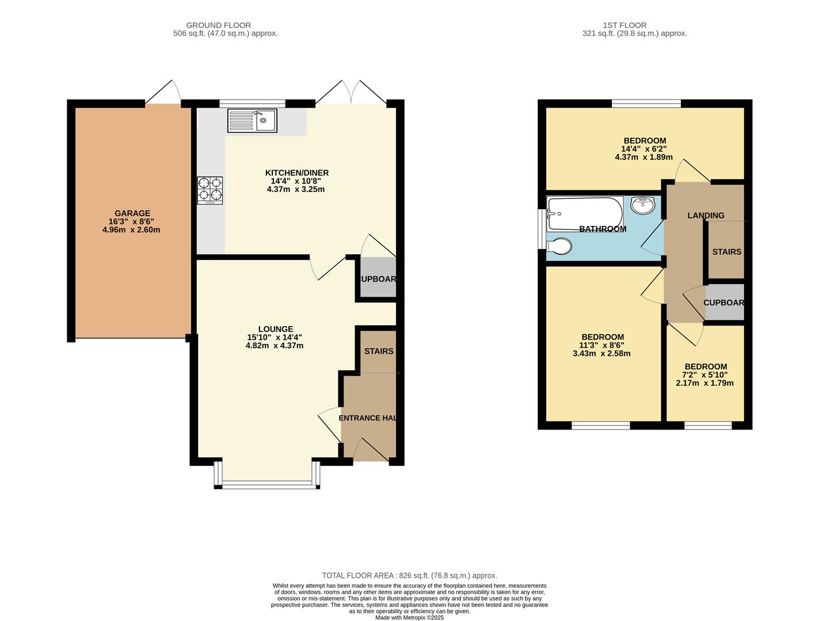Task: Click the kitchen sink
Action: coord(252,120)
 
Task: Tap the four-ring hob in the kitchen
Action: coord(210,190)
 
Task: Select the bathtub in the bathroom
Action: coord(585,214)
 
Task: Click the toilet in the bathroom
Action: coord(558,246)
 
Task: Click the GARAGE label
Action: coord(132,213)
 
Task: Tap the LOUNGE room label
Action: coord(275,329)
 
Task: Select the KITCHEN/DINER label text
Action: coord(296,173)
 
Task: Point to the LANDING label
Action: coord(706,216)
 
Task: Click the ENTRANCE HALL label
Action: coord(368,418)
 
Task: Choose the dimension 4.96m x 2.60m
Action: coord(131,230)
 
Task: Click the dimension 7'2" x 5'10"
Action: coord(706,375)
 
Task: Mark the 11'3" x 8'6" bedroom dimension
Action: coord(602,345)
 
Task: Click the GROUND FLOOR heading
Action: coord(218,25)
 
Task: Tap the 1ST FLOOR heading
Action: coord(624,25)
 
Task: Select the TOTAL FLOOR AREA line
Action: coord(409,576)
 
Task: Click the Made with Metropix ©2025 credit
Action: coord(409,618)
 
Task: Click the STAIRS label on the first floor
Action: coord(726,252)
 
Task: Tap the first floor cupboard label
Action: coord(723,302)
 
